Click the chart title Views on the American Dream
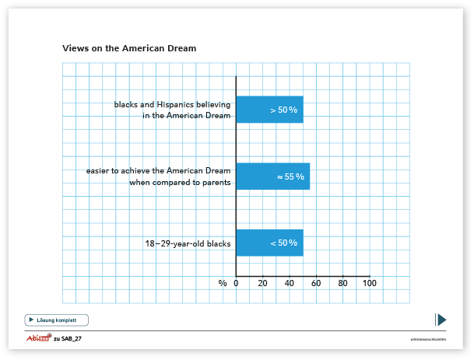129,48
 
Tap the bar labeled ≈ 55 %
272,177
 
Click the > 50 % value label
284,110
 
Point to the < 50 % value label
284,243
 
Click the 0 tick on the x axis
236,283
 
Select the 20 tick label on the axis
262,283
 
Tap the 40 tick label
289,283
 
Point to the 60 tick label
316,283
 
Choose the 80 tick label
342,283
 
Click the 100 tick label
369,283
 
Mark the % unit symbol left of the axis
223,283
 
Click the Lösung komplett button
57,320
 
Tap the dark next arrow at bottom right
441,320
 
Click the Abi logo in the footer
37,339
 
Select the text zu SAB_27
68,340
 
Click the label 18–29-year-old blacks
188,243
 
